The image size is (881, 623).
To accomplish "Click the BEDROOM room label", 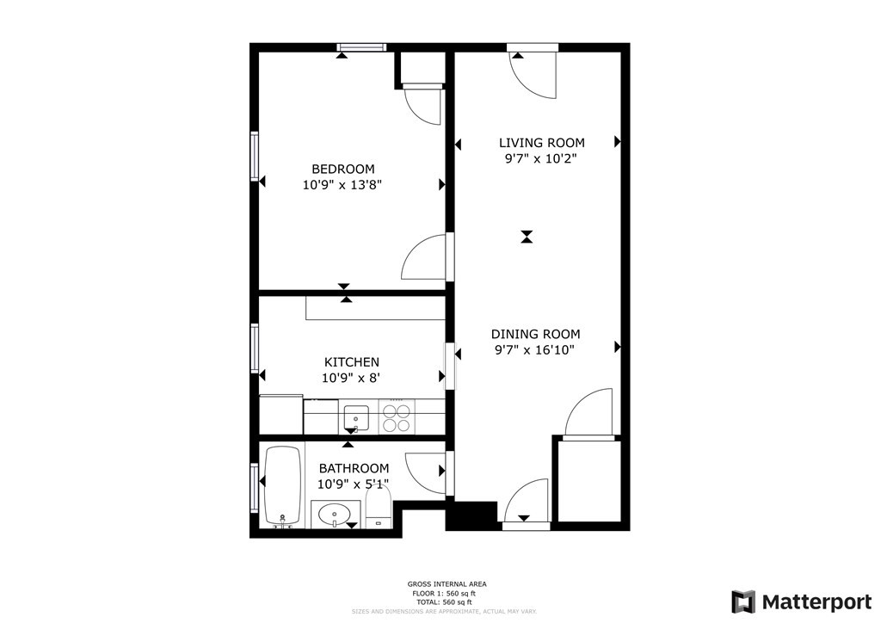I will coord(342,169).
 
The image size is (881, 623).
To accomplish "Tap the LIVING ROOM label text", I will coord(542,143).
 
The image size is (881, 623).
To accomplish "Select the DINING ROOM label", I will coord(535,334).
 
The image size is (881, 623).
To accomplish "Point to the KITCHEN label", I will coord(351,362).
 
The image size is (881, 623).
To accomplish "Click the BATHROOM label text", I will coord(354,468).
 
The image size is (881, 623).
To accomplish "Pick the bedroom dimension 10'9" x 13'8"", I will coord(342,184).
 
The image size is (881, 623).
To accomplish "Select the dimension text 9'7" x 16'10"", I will coord(534,349).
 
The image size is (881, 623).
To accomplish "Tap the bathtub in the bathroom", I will coord(282,486).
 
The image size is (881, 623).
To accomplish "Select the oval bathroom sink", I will coord(334,515).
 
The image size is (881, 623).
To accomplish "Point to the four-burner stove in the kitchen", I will coord(396,418).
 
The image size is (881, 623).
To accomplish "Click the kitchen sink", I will coord(356,419).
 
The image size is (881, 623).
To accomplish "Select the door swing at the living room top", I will coord(533,75).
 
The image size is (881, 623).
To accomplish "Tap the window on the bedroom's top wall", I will coord(361,47).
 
